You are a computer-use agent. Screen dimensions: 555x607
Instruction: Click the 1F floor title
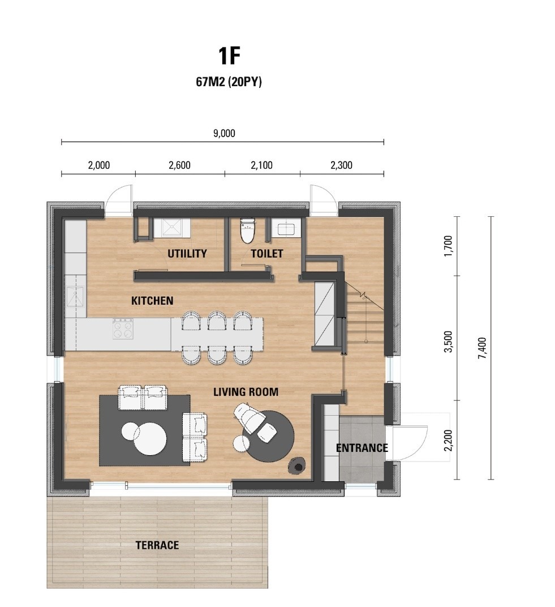tap(229, 55)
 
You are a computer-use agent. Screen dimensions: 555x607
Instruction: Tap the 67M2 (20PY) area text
tap(229, 82)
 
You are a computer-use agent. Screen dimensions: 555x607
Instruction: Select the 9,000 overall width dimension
tap(225, 133)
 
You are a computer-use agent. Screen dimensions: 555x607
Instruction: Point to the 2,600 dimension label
tap(180, 165)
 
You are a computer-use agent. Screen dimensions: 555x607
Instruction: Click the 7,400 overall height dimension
tap(482, 348)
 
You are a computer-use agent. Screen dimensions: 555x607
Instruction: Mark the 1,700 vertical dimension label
tap(448, 245)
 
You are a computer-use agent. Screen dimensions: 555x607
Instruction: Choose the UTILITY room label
tap(187, 254)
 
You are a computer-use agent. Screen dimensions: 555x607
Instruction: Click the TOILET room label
tap(267, 254)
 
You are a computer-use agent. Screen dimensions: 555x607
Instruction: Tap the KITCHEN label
tap(152, 301)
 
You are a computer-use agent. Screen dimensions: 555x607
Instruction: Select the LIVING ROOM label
tap(246, 392)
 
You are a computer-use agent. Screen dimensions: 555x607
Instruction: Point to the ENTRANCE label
tap(362, 448)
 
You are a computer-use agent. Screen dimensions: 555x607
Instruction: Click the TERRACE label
tap(157, 545)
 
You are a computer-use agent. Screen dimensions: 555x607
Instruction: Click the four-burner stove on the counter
tap(123, 328)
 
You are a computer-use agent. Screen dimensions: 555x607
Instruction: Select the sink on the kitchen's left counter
tap(75, 296)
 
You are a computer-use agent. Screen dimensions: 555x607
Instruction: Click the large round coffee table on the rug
tap(150, 439)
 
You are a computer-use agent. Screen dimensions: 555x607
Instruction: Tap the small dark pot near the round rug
tap(297, 465)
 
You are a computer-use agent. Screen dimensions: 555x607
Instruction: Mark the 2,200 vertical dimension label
tap(448, 440)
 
